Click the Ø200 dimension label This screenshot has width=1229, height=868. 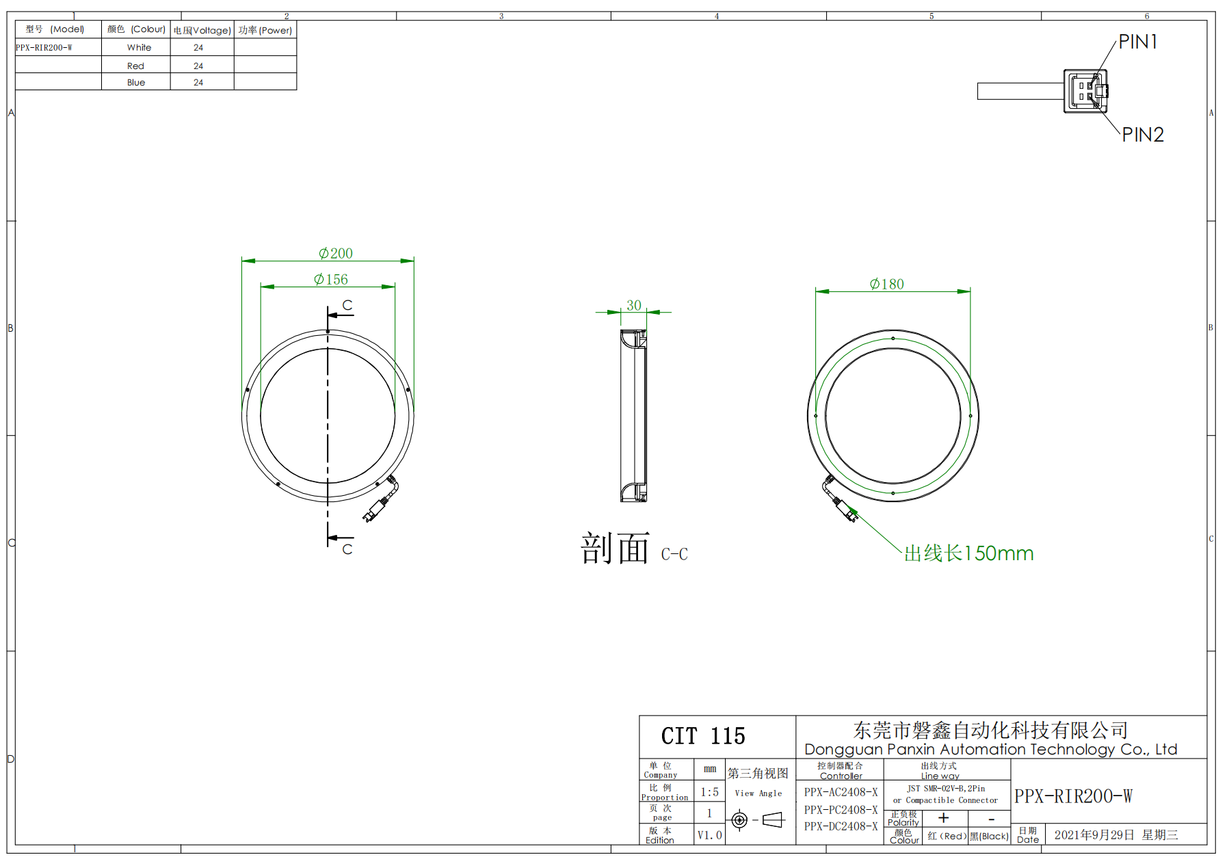(336, 253)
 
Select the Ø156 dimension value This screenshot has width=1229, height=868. (331, 279)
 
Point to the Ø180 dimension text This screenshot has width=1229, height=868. (887, 284)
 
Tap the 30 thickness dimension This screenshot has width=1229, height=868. (634, 305)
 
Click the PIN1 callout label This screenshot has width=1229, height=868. (1138, 42)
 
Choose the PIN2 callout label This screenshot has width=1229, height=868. (1143, 135)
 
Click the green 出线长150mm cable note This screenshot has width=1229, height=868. (968, 553)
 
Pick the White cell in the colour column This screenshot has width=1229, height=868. (139, 47)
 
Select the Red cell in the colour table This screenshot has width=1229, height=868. (135, 66)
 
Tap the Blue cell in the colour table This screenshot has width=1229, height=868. (136, 82)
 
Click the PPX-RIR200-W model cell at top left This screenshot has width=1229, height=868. (44, 48)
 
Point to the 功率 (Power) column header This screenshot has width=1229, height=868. (265, 30)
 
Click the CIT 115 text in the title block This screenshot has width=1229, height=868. (703, 736)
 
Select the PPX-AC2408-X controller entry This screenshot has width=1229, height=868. (841, 792)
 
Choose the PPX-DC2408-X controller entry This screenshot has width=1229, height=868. (841, 826)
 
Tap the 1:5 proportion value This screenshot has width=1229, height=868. (709, 792)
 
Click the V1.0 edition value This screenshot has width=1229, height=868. (709, 835)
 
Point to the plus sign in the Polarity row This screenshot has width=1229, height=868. (944, 817)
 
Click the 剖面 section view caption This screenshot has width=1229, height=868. (615, 549)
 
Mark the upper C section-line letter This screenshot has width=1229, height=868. (347, 305)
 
